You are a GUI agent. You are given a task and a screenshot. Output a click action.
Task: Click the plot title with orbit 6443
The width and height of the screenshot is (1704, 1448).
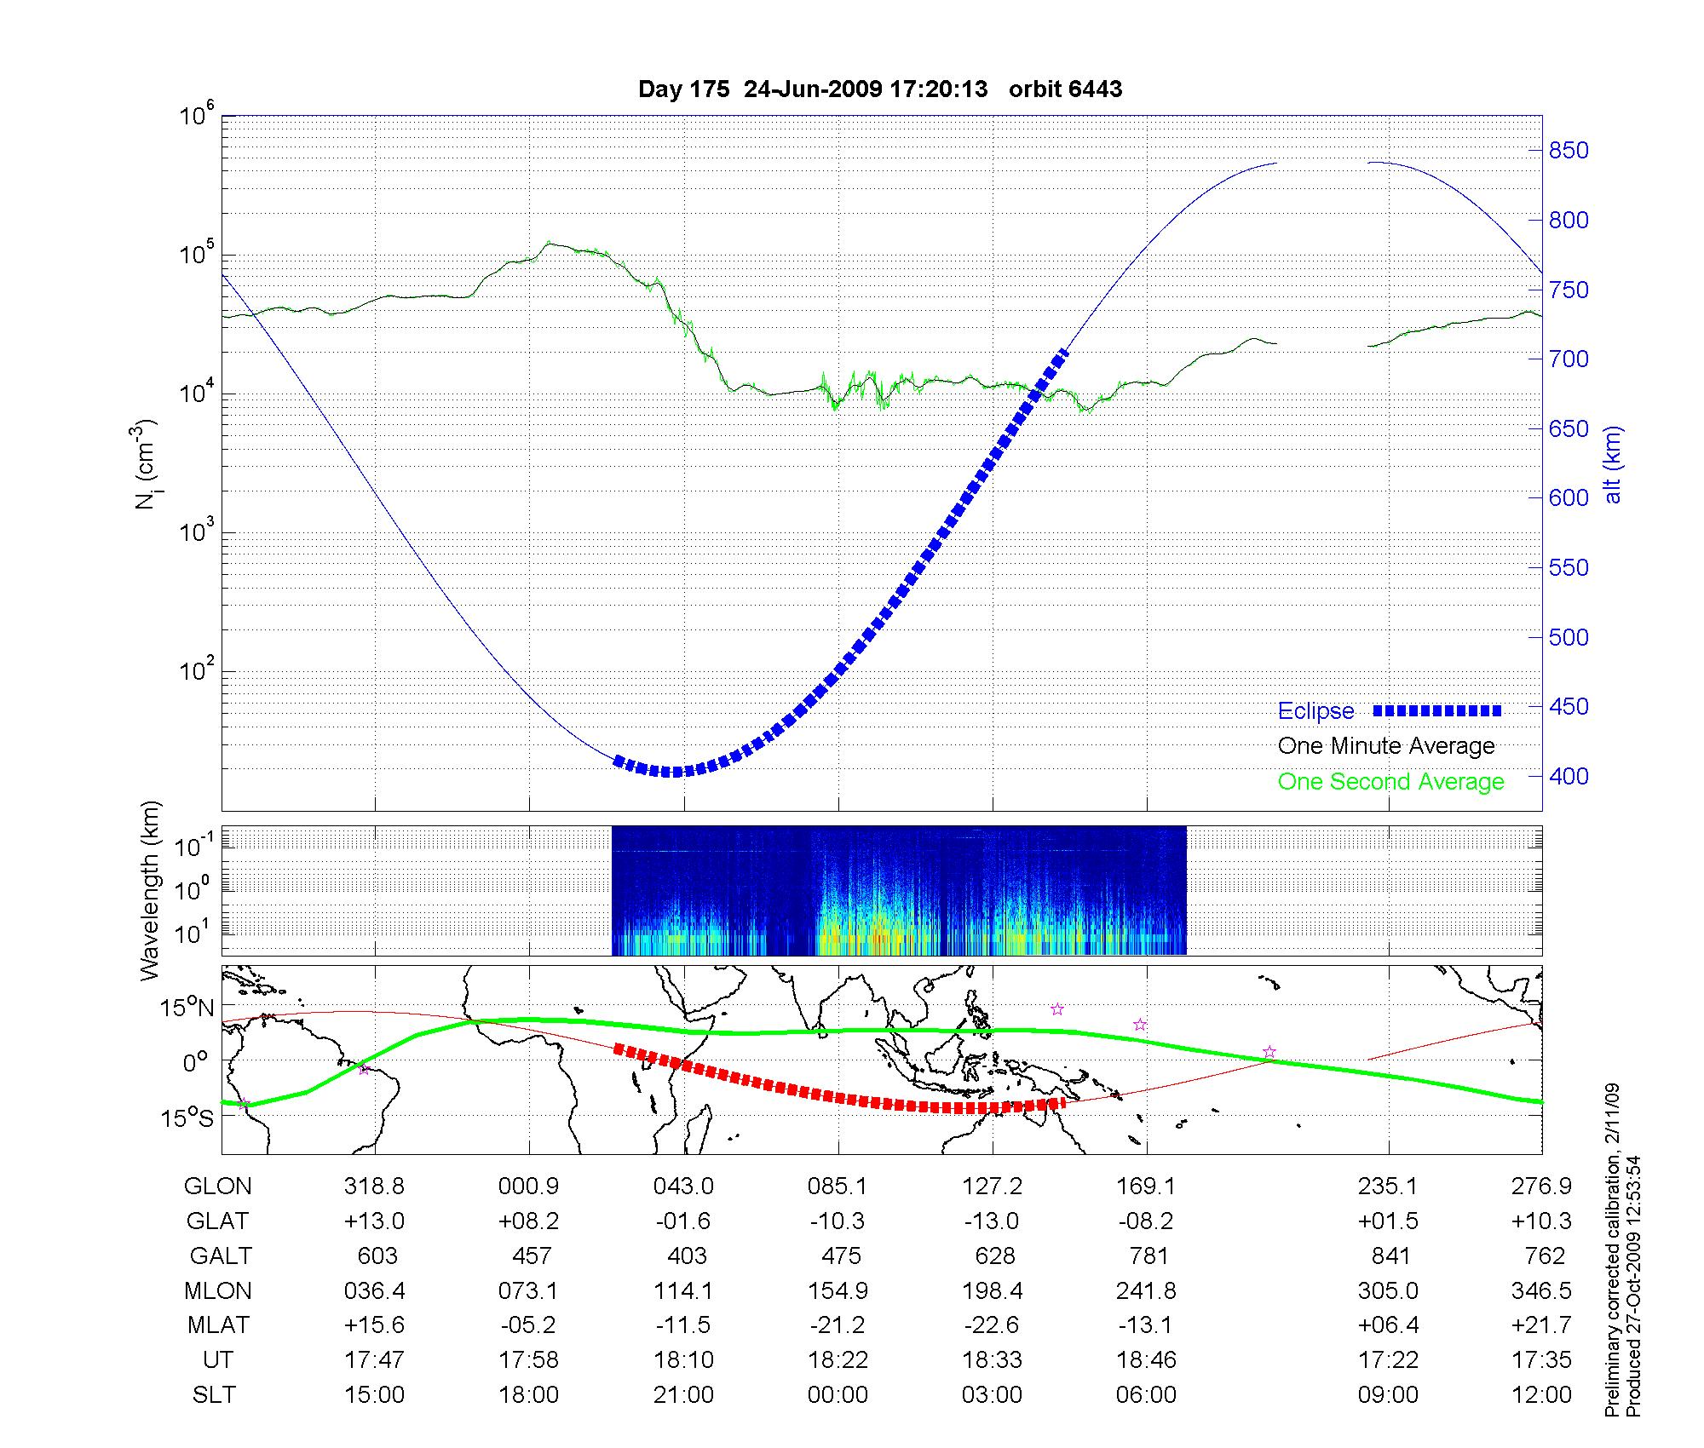(880, 89)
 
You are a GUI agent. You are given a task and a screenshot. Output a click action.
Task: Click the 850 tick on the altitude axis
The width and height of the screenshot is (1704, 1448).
(1569, 151)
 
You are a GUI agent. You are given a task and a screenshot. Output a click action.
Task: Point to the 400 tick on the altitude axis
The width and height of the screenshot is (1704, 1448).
(1569, 776)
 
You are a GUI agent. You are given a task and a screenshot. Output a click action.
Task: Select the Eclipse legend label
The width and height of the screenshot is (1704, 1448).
(1315, 711)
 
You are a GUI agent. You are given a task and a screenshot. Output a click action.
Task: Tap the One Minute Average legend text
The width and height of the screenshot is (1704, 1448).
(1386, 746)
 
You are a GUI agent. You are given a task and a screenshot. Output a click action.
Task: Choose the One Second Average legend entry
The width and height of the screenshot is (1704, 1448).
(1390, 782)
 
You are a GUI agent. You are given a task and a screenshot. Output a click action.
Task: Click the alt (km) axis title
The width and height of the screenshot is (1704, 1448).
(1613, 464)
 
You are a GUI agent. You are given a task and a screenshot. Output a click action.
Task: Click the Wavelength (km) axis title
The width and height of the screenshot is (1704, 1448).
(150, 890)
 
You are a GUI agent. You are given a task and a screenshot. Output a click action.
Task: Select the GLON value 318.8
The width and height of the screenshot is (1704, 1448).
(374, 1186)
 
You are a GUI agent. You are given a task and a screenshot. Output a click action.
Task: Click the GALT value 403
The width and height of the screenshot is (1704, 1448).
(686, 1256)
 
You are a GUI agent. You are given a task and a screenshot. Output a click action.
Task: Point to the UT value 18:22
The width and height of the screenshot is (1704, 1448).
(838, 1359)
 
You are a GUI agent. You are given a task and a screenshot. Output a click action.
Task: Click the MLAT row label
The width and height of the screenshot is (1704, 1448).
(218, 1325)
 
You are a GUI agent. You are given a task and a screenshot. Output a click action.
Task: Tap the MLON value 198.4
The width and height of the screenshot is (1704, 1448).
(993, 1290)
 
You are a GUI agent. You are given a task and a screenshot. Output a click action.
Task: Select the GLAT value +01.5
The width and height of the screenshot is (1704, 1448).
(1389, 1221)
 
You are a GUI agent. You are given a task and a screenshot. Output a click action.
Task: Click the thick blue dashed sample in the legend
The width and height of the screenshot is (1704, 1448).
(1436, 710)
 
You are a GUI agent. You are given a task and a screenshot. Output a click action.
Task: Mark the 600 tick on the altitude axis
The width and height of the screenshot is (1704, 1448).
(1569, 498)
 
